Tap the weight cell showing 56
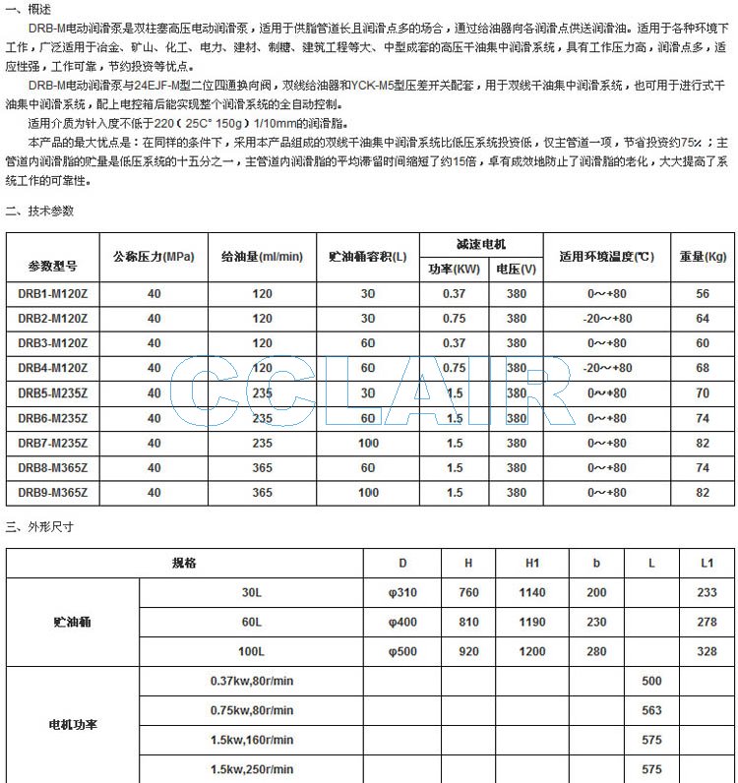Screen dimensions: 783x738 click(x=702, y=294)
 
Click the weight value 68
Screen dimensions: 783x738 click(x=702, y=368)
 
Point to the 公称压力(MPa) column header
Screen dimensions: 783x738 click(x=154, y=257)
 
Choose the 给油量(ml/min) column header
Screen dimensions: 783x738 click(x=263, y=257)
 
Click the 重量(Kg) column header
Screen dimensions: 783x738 click(x=702, y=257)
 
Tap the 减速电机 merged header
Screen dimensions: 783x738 click(x=480, y=244)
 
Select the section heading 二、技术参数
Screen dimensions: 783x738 click(x=39, y=211)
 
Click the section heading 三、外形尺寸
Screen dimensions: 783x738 click(x=39, y=527)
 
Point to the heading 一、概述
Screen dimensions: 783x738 click(x=28, y=9)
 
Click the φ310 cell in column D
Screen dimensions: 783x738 click(x=402, y=593)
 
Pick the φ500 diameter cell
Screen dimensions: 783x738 click(x=402, y=652)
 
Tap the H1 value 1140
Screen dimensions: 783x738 click(x=532, y=593)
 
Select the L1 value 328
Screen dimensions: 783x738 click(x=707, y=652)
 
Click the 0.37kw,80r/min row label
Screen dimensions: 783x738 click(x=251, y=681)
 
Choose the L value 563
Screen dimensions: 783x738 click(x=651, y=710)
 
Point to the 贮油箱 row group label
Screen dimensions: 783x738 click(x=73, y=623)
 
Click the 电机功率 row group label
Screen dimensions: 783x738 click(x=73, y=725)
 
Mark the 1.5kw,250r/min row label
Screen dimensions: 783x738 click(x=251, y=769)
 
